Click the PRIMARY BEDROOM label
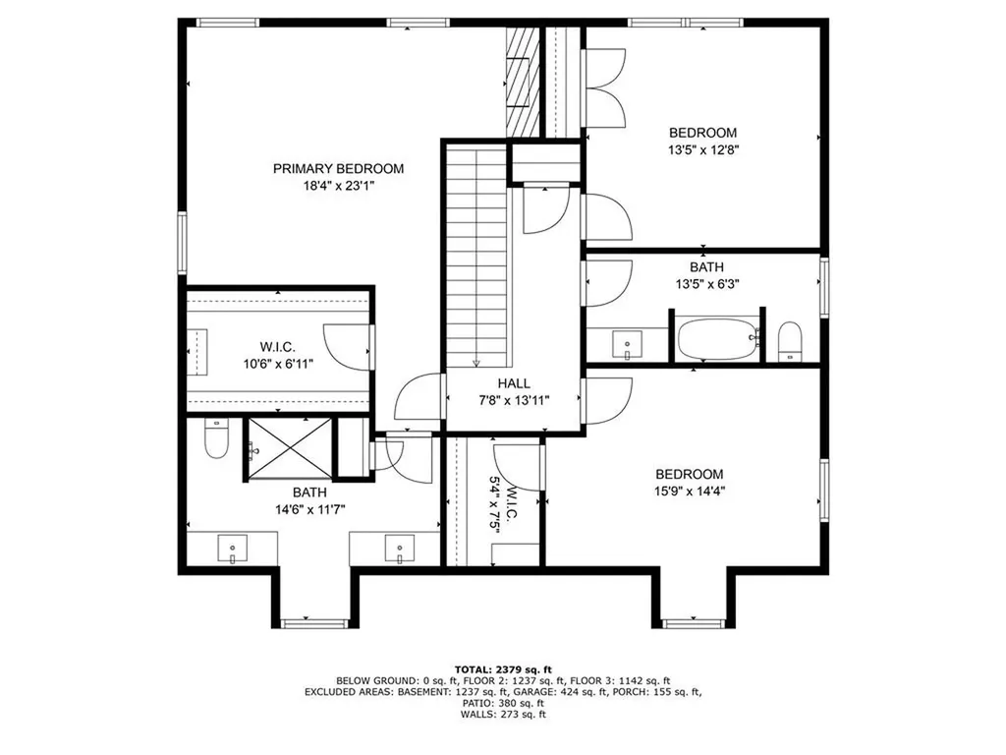point(338,168)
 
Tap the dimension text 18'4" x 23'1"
point(338,185)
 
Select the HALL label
point(513,383)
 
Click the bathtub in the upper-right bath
point(720,339)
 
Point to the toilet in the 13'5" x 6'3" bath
point(791,341)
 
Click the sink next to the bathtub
point(625,344)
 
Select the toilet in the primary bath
point(216,441)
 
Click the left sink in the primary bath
point(234,548)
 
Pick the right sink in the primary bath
point(400,548)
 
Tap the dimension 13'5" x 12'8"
point(702,150)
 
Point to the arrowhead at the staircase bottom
point(476,361)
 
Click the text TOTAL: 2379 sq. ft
point(503,668)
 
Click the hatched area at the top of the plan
point(524,81)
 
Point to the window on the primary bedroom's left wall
point(182,243)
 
